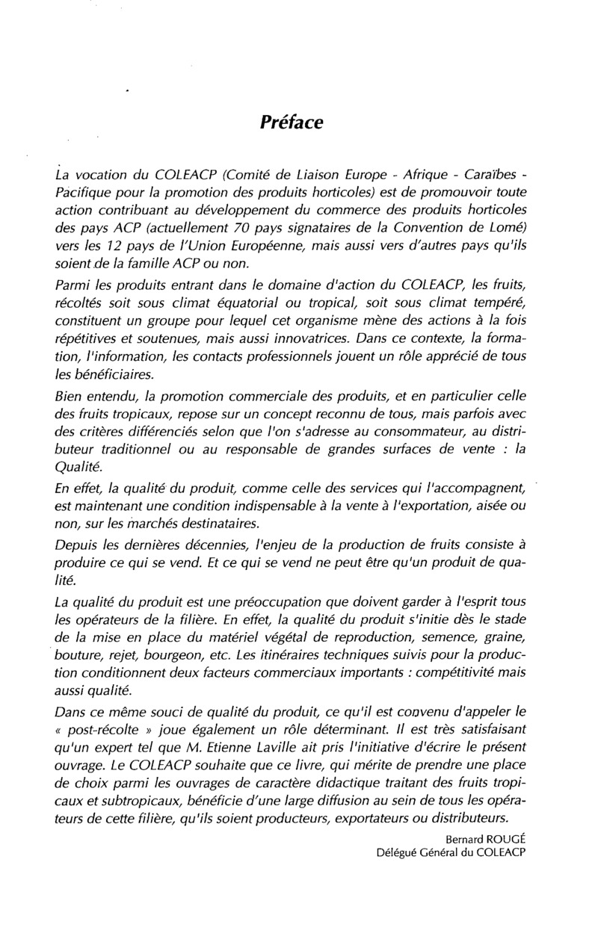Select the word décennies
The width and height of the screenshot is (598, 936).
[x=218, y=545]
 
